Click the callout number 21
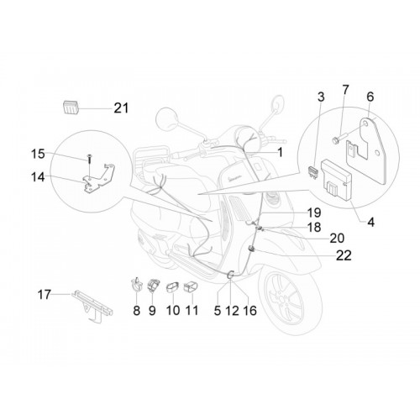121,108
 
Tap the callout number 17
45,295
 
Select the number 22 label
344,255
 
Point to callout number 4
370,223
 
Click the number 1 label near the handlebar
280,153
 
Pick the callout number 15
38,154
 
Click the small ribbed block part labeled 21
70,107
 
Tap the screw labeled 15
89,160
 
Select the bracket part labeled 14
98,179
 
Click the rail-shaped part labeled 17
92,307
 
